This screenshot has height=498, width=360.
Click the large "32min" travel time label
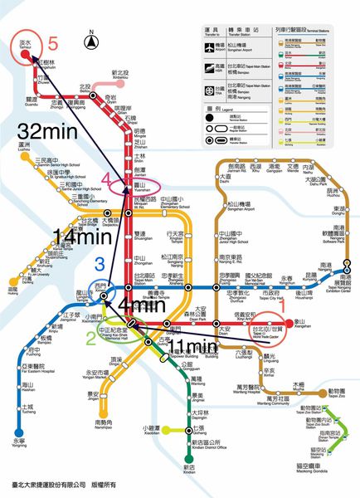[51, 132]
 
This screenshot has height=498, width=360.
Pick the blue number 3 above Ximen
[100, 265]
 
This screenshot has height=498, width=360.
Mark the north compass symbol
[91, 36]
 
